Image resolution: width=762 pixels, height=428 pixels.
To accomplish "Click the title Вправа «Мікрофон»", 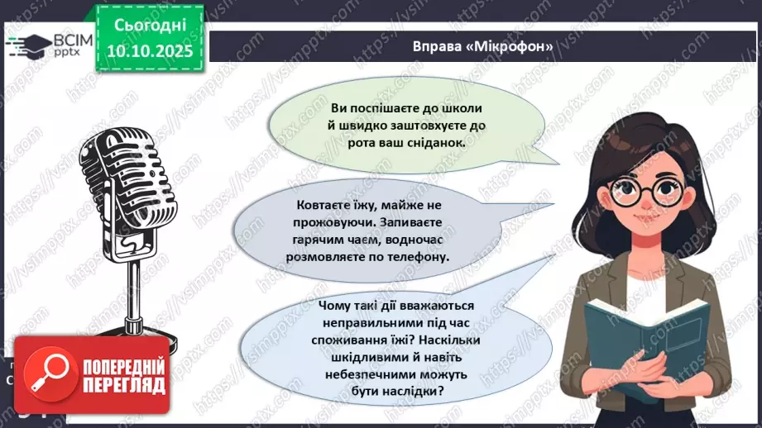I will tap(483, 46).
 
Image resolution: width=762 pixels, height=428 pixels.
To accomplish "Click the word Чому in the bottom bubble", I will tap(334, 306).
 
